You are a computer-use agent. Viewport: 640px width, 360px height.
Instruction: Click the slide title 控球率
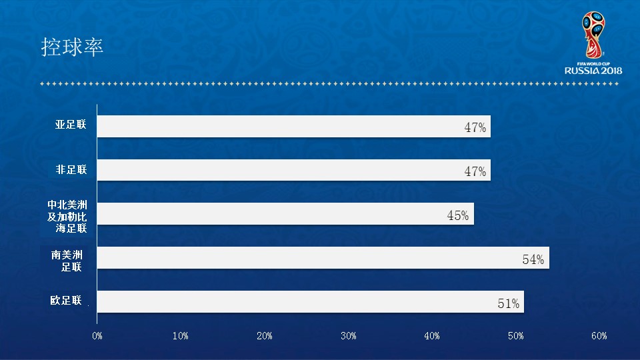72,47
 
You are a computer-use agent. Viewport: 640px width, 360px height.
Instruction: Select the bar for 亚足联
293,127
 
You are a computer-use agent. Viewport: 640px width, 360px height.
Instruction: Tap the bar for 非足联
293,170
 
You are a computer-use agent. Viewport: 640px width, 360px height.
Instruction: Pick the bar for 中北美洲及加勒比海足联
285,214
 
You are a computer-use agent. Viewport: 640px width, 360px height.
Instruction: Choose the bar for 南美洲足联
323,258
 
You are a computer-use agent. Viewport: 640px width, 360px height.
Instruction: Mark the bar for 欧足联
310,301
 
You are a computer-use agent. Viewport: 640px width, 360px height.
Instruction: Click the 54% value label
533,259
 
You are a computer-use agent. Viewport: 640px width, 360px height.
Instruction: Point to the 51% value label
509,303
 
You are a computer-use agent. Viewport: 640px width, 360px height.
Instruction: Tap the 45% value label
458,215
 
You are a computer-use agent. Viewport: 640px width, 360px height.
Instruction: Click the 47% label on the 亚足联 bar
475,128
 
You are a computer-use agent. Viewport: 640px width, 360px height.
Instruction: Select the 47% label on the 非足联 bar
475,171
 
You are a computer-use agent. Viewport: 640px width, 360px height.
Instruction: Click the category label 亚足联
71,125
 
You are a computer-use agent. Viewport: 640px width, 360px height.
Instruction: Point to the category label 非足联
71,170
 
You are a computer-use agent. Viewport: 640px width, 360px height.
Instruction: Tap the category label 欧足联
67,300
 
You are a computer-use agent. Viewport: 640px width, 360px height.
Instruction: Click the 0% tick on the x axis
97,336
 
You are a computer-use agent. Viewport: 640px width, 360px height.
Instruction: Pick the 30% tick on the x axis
348,336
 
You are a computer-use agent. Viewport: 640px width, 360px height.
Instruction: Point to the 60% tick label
599,336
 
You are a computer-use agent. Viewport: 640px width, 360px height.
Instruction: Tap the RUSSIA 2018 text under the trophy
593,70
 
